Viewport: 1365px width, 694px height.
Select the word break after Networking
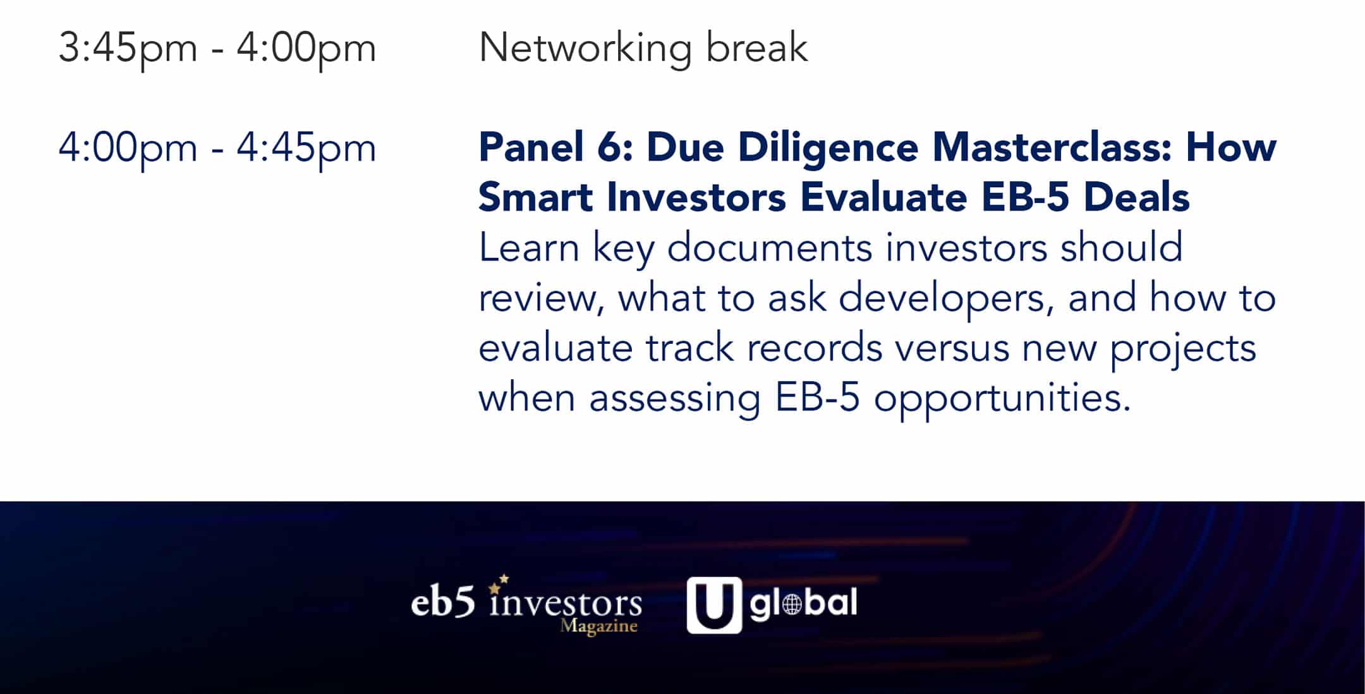click(757, 47)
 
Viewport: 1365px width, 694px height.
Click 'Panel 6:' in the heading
click(556, 147)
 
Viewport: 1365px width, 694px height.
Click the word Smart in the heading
click(536, 197)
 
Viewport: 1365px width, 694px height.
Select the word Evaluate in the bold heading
click(883, 197)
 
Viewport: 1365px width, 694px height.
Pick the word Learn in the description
click(529, 247)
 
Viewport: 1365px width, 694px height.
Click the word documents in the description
click(770, 247)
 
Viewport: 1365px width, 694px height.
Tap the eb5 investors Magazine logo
click(526, 604)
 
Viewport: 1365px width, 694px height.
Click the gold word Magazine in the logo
click(598, 626)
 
